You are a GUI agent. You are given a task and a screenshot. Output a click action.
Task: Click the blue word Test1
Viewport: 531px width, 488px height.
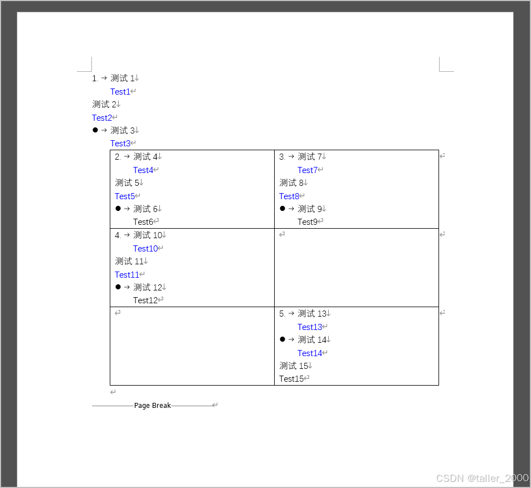click(120, 92)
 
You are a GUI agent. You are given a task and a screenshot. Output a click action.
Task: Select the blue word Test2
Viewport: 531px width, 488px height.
click(101, 118)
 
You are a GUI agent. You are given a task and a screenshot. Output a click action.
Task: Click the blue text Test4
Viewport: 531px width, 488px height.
click(143, 170)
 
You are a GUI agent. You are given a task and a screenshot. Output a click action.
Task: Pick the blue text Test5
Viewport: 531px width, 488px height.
click(124, 196)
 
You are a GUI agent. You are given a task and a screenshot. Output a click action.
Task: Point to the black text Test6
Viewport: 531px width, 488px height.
click(143, 222)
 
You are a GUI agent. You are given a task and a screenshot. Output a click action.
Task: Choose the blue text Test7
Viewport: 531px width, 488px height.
click(307, 170)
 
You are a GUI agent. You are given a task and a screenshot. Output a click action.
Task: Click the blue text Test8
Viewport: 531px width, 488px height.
click(289, 196)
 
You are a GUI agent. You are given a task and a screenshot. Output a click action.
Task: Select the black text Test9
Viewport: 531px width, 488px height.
click(307, 222)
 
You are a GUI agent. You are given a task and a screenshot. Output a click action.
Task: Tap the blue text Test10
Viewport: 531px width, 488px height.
click(145, 249)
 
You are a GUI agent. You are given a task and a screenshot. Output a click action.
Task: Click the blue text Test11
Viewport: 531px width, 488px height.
click(126, 275)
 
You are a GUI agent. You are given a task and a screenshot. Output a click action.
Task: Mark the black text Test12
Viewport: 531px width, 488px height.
click(145, 300)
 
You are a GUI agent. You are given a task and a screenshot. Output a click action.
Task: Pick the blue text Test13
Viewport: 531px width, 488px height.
click(309, 327)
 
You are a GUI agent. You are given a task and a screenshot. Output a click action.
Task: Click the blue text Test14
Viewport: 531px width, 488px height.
click(309, 353)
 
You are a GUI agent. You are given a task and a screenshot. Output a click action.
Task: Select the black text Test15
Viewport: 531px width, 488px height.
click(291, 379)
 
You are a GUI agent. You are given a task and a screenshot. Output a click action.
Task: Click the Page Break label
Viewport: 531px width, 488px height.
click(152, 406)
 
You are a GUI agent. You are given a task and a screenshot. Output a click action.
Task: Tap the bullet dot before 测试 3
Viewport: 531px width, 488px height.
click(95, 130)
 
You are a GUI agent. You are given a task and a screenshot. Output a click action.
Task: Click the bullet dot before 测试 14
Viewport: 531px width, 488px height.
click(282, 339)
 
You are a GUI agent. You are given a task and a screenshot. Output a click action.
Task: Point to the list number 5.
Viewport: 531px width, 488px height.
click(281, 314)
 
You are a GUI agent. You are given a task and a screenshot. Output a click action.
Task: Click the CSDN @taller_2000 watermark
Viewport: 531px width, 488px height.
click(482, 479)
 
